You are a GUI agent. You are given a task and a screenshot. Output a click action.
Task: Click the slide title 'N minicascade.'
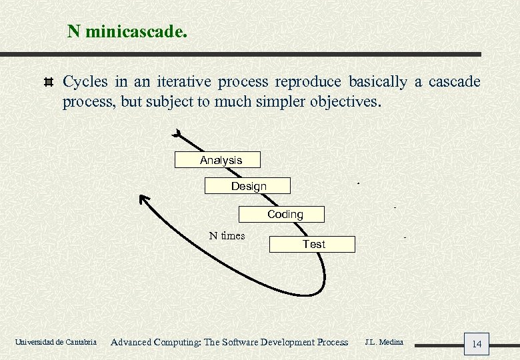pos(127,31)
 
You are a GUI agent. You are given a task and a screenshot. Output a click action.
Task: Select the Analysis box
pos(217,160)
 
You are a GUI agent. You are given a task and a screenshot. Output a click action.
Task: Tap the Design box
pos(247,186)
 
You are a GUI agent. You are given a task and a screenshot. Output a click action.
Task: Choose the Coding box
pos(282,214)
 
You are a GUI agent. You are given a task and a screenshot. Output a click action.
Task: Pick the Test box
pos(312,244)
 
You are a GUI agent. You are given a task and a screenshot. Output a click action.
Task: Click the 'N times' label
pos(227,235)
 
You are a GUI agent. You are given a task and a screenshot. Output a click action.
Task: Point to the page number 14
pos(476,344)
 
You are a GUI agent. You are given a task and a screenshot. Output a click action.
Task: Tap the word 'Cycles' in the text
pos(85,82)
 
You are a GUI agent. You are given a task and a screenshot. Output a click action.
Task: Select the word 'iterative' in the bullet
pos(184,82)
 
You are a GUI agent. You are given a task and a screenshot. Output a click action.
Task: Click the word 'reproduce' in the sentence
pos(308,82)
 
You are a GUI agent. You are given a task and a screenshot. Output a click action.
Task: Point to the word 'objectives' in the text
pos(345,102)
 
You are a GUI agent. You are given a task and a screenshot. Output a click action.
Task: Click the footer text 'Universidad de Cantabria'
pos(55,343)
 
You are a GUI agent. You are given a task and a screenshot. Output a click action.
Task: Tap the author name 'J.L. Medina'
pos(383,342)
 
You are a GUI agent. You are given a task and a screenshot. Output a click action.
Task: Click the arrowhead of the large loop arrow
pos(143,198)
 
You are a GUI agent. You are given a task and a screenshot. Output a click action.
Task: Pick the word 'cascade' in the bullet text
pos(454,82)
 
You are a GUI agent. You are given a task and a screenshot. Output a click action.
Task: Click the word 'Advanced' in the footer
pos(131,342)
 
